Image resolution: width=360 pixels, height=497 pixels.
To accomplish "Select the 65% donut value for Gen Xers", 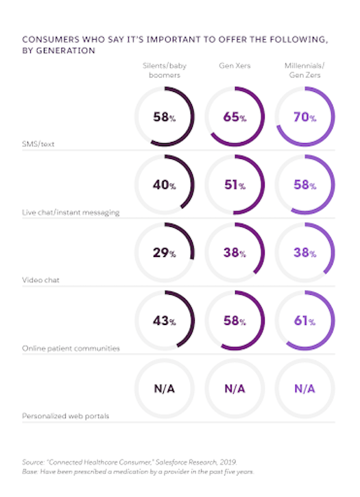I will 235,118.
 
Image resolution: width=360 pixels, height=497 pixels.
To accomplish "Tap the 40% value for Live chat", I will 165,186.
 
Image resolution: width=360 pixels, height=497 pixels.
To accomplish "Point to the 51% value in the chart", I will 235,186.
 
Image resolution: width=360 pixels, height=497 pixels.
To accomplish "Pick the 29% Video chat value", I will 165,253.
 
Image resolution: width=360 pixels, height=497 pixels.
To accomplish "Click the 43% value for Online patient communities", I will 165,320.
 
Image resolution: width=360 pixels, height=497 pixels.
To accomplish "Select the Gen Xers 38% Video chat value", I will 235,253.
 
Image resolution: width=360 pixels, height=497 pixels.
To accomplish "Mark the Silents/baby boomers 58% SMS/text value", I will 165,118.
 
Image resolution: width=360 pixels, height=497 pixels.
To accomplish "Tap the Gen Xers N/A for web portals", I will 235,388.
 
